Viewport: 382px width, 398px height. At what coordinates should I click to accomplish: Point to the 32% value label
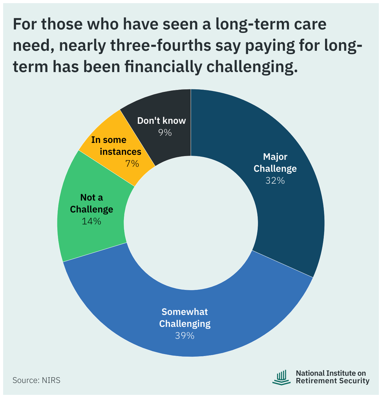[275, 181]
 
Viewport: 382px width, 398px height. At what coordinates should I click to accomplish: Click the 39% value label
[184, 336]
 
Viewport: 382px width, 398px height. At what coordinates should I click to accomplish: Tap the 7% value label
[132, 163]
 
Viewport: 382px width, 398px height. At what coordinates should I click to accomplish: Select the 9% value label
[165, 133]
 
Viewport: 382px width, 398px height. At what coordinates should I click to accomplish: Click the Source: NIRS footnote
[36, 380]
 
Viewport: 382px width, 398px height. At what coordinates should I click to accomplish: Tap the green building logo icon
[281, 377]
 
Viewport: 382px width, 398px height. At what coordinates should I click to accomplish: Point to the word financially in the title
[163, 67]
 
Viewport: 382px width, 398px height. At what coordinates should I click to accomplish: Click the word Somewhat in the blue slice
[184, 312]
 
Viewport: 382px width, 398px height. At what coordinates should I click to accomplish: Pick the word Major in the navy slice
[275, 157]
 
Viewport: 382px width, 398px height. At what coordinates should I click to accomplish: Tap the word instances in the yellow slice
[120, 152]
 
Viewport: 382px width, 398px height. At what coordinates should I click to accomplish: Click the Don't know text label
[162, 121]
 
